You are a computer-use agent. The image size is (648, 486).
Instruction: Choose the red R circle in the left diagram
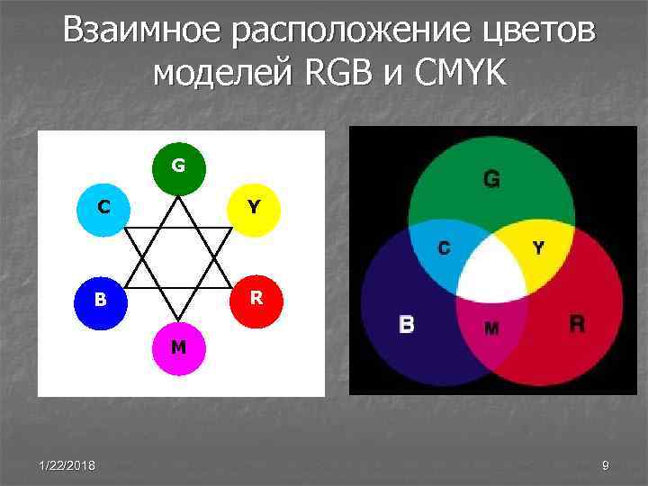(x=256, y=297)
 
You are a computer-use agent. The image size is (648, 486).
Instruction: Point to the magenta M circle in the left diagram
(x=178, y=346)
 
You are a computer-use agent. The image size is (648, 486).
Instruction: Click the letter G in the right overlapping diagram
(x=491, y=179)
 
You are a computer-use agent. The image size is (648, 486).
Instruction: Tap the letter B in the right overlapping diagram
(x=407, y=324)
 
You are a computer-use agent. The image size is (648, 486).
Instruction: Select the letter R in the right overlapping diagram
(x=577, y=323)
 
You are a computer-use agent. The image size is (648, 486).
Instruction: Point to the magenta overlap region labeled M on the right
(x=491, y=327)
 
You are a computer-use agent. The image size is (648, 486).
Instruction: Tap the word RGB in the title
(x=333, y=73)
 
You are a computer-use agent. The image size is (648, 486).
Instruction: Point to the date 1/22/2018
(x=69, y=464)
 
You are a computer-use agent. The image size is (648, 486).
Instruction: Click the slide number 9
(x=606, y=464)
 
